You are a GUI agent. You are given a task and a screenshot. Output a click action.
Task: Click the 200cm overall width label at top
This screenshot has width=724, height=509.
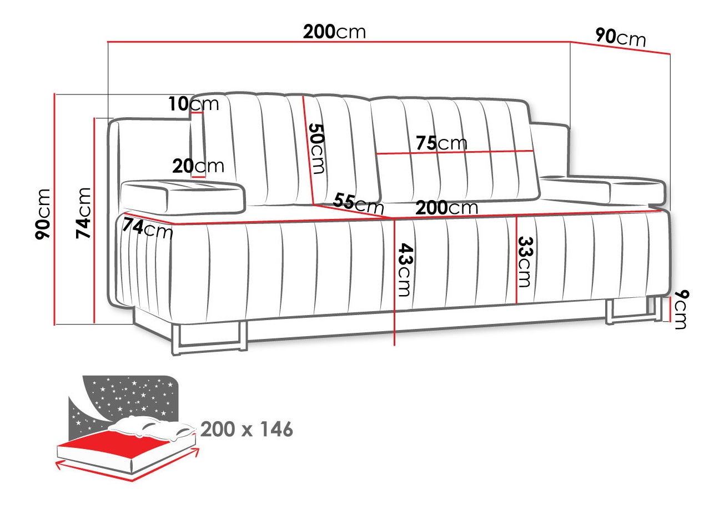click(334, 32)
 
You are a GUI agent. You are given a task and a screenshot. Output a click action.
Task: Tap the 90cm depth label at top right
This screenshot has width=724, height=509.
click(621, 37)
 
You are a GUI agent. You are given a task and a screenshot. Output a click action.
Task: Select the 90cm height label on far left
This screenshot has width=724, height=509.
click(43, 214)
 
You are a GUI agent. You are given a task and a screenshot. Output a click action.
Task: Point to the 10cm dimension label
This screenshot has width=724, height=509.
click(194, 104)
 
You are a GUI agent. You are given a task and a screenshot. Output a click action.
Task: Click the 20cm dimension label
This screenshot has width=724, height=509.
click(198, 166)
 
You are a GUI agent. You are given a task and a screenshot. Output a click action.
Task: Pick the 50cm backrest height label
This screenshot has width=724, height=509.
click(316, 148)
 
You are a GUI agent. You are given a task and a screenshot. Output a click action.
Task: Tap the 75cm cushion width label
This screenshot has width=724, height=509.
click(441, 143)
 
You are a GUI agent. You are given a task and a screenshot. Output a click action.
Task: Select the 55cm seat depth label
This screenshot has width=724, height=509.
click(359, 203)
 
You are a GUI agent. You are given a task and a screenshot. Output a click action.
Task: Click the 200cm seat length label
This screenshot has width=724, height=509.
click(447, 207)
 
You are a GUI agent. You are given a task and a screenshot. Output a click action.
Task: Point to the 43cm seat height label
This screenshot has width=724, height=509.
click(405, 270)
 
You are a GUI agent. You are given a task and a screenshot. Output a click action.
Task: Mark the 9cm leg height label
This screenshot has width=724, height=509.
click(681, 310)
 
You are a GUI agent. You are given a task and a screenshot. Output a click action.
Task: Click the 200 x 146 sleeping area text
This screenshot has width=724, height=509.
click(247, 430)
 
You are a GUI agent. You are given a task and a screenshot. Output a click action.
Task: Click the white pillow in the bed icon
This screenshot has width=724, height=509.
click(152, 427)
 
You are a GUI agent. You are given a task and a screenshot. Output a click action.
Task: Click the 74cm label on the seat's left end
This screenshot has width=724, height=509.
click(147, 228)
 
